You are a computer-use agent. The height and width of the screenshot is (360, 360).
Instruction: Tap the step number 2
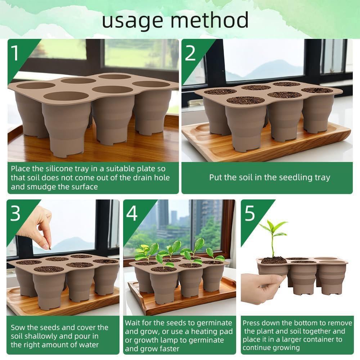(190, 53)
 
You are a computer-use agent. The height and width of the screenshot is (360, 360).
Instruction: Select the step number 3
(15, 214)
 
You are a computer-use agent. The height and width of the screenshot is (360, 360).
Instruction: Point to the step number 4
(132, 214)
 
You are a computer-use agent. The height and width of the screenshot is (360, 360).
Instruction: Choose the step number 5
(250, 214)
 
